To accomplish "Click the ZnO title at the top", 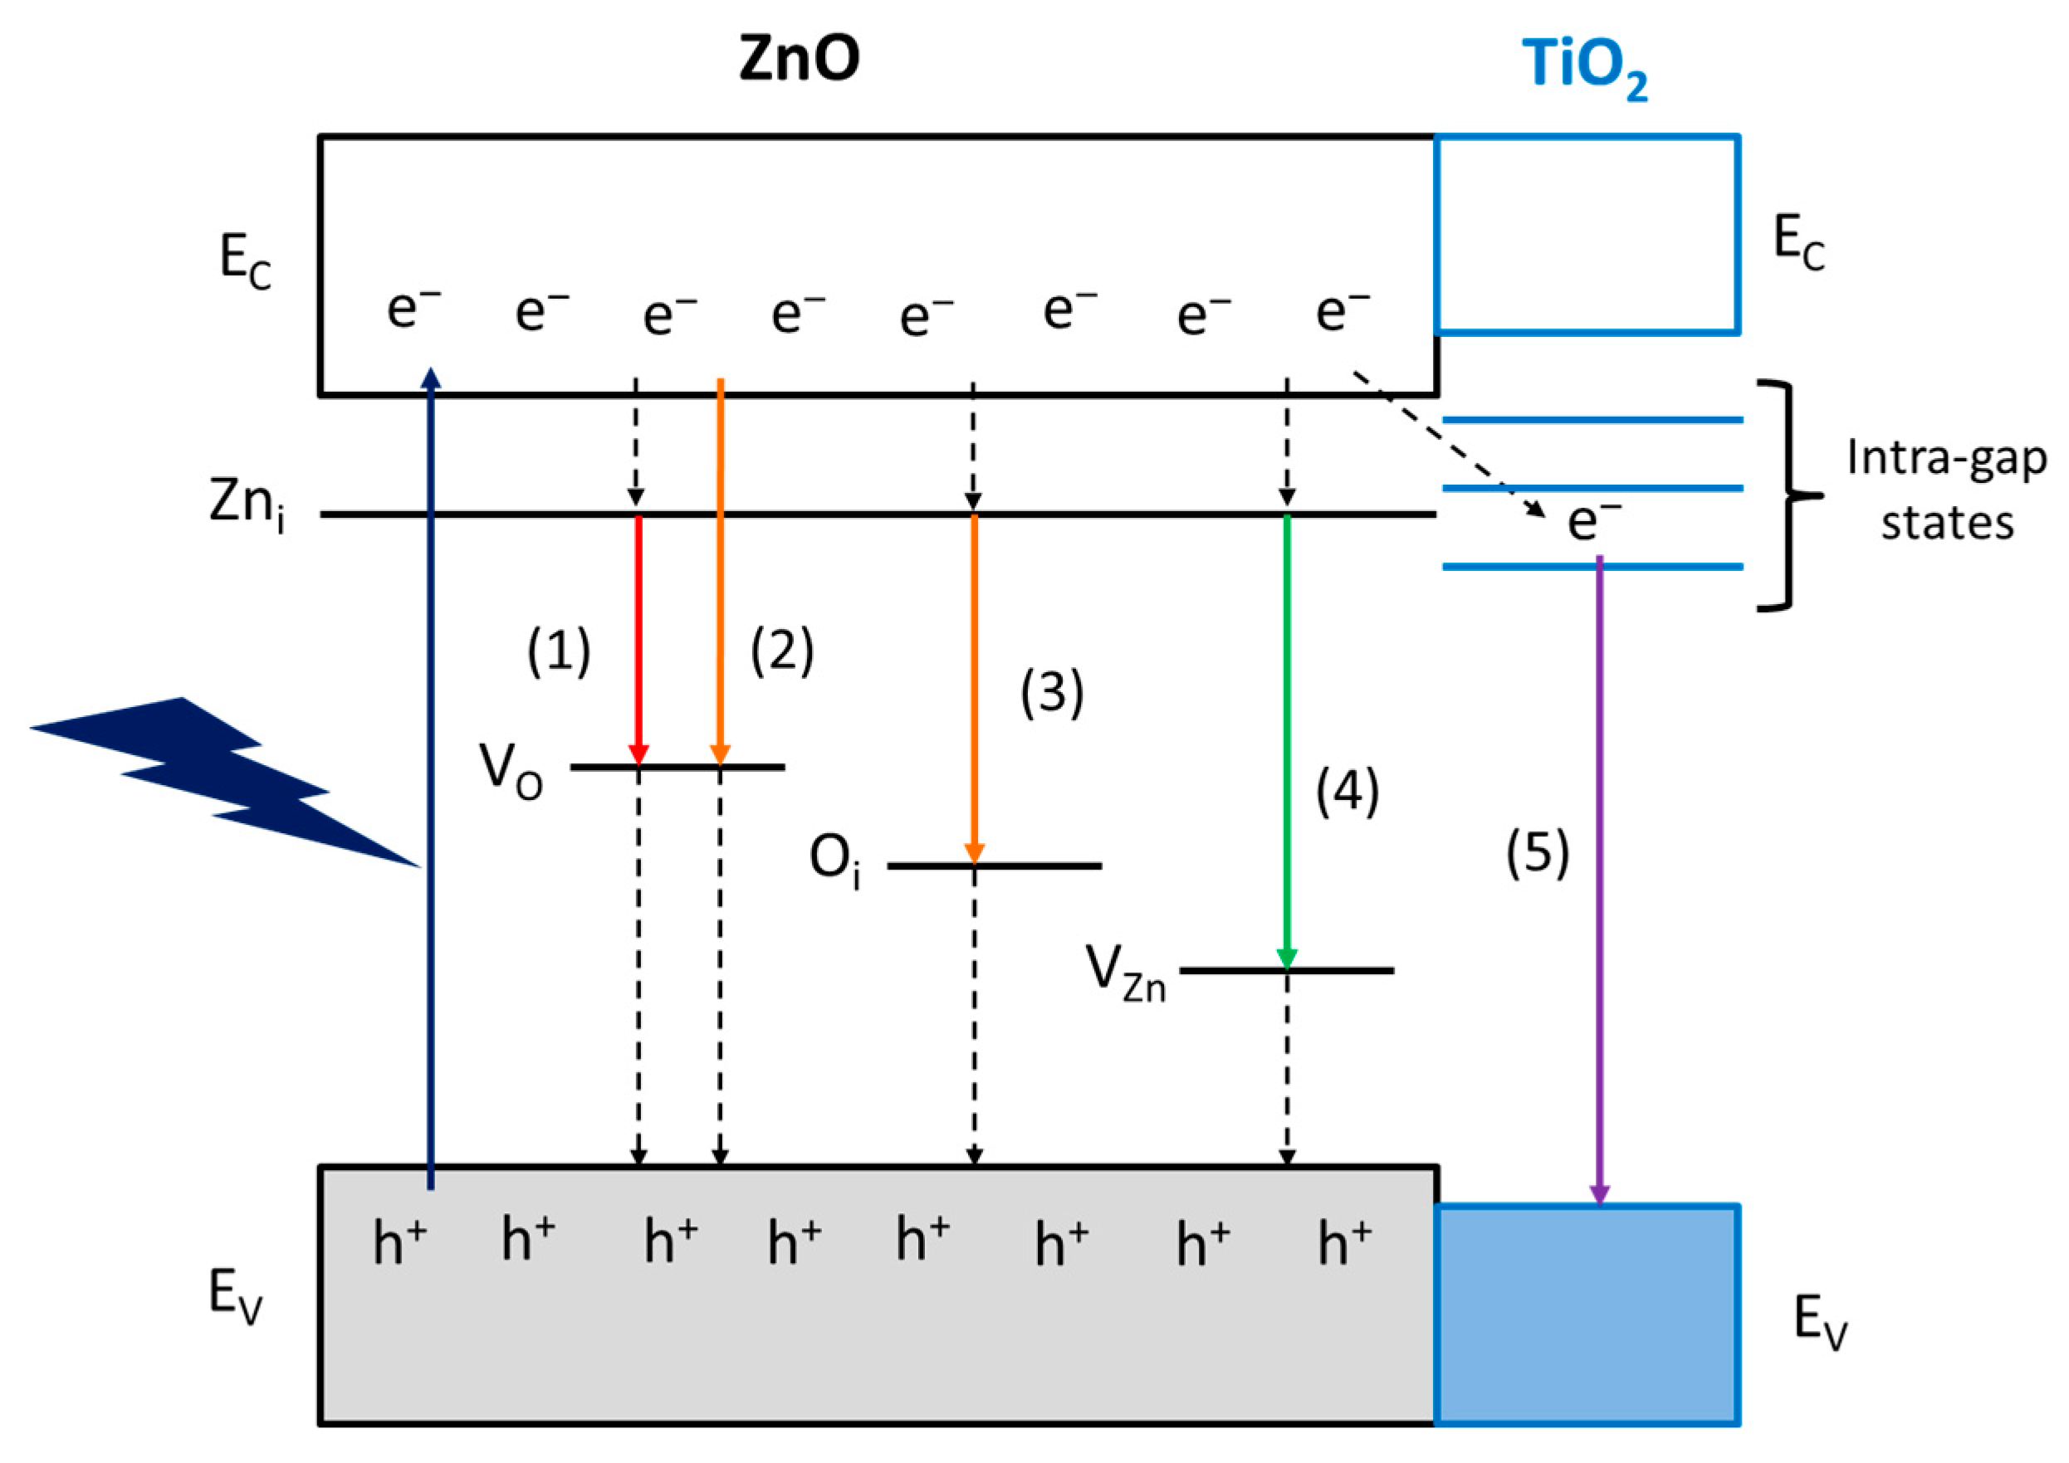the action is (x=800, y=60).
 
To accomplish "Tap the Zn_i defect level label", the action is (x=247, y=505).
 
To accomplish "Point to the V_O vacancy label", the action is (x=511, y=771).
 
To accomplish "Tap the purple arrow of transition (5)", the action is (x=1600, y=880).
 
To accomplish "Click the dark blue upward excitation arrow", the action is (x=431, y=778).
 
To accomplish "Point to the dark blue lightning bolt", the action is (x=225, y=782).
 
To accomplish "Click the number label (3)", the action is (x=1052, y=694).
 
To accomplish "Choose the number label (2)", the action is (x=782, y=651).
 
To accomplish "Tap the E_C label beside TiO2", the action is (x=1798, y=243).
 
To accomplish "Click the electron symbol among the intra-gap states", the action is (x=1594, y=520).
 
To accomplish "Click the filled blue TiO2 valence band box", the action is (x=1587, y=1314).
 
